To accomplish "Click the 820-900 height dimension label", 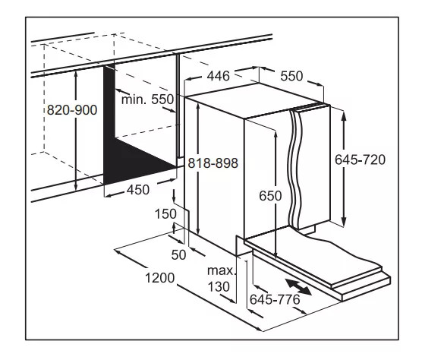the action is click(72, 110).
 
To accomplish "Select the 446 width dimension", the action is click(219, 76).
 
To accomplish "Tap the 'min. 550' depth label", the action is click(147, 99).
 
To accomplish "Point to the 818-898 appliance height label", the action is click(213, 163).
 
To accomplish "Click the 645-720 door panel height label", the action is click(360, 159).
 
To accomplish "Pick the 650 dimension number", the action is click(270, 195).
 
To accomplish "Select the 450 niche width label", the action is click(138, 190).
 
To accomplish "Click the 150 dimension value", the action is click(165, 214).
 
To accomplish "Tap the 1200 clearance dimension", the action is click(160, 278).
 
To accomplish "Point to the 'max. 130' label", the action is click(222, 279).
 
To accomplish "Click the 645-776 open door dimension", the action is click(275, 299).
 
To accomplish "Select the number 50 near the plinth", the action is click(178, 254).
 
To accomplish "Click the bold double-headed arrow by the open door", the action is click(298, 287).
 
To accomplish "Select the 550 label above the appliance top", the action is click(291, 76).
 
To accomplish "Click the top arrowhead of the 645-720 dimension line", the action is click(344, 114).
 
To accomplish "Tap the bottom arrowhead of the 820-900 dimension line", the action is click(76, 187).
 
